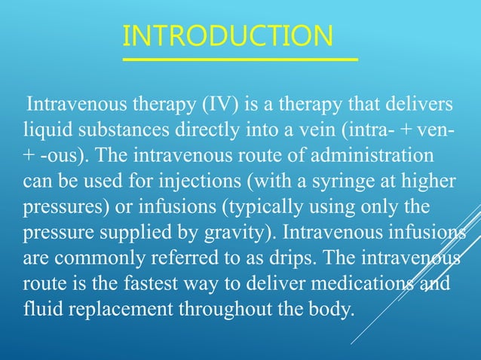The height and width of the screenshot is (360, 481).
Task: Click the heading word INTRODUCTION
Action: (x=227, y=36)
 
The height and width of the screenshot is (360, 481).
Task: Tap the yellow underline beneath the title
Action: (x=240, y=57)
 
